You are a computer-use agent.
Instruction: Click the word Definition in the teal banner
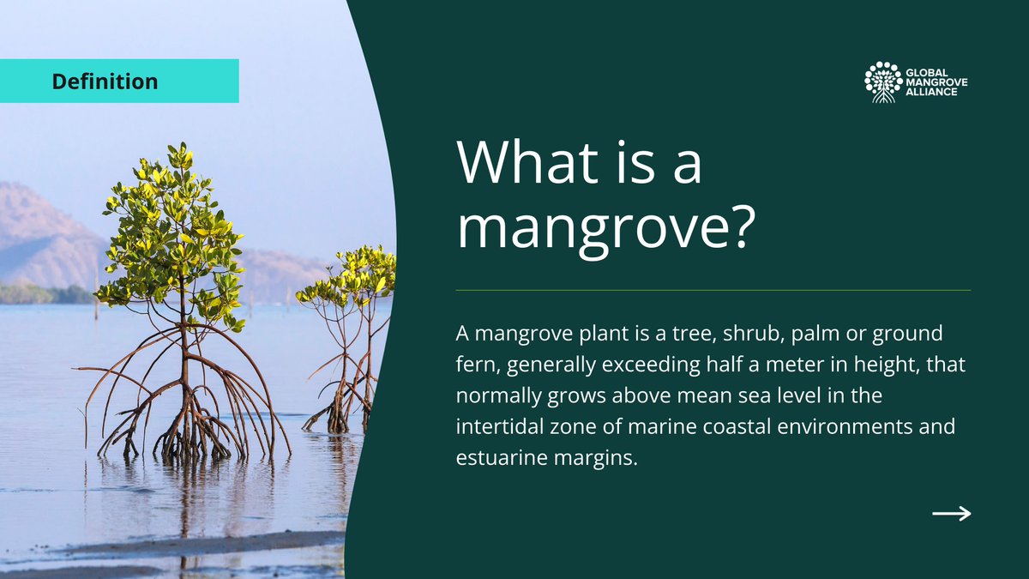(x=105, y=81)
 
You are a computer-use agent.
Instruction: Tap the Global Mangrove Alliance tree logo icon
(x=883, y=82)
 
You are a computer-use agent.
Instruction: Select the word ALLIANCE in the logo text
(x=933, y=92)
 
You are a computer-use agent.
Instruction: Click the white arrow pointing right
(x=951, y=514)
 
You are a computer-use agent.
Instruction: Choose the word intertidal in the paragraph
(x=500, y=426)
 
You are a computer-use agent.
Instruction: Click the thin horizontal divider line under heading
(x=713, y=290)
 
